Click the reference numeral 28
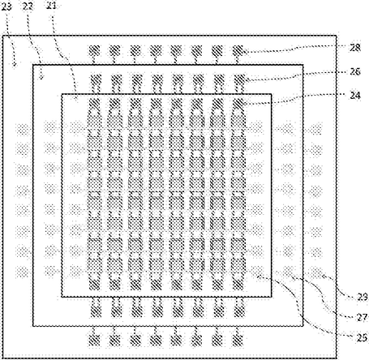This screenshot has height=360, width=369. coord(354,48)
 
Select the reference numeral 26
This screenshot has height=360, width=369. coord(354,71)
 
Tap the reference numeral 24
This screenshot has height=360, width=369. coord(354,96)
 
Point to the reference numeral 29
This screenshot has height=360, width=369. coord(363,297)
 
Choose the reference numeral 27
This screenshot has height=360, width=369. coord(363,317)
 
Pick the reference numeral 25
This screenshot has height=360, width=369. coord(363,337)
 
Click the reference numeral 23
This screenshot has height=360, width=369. coord(6,6)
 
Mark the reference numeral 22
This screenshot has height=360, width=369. coord(28,6)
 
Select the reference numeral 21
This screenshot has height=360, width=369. coord(51,5)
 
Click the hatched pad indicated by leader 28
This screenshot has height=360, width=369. coord(238,50)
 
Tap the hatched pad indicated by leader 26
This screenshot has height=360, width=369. coord(239,79)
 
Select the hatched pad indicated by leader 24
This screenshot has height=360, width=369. coord(238,104)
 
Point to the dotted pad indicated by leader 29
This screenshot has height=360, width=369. coord(315,271)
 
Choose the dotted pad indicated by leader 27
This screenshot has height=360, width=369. coord(289,271)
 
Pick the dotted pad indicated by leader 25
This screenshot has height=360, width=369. coord(257,271)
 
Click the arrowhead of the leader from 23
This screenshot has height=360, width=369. coord(15,65)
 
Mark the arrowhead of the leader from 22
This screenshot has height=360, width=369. coord(41,78)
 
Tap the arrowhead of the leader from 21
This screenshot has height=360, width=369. coord(76,100)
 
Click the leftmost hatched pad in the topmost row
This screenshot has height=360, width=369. coord(94,50)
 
